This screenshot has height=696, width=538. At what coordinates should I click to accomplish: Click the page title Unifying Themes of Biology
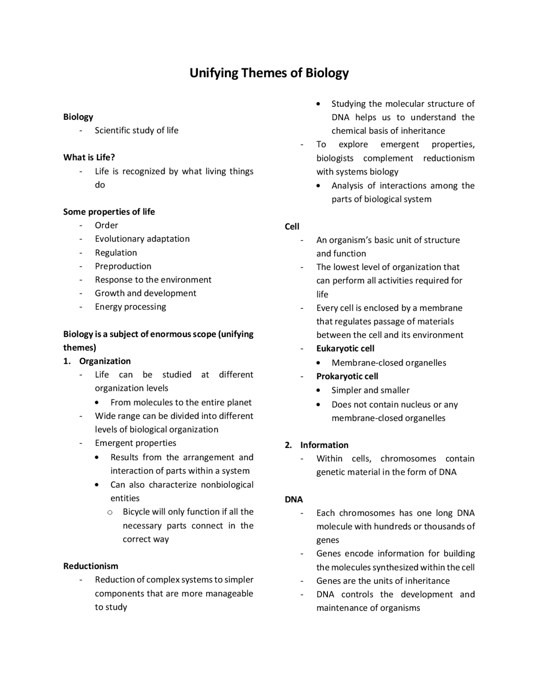click(x=269, y=73)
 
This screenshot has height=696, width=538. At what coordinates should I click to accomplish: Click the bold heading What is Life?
click(x=89, y=158)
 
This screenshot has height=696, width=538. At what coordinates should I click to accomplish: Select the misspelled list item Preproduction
click(x=123, y=266)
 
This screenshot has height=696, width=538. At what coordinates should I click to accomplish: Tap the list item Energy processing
click(x=130, y=307)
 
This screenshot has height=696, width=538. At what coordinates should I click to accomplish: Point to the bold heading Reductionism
click(x=91, y=566)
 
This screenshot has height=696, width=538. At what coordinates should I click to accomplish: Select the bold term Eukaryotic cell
click(x=345, y=348)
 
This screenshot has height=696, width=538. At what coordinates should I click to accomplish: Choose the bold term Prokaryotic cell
click(x=347, y=376)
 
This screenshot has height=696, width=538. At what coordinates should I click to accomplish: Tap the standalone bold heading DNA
click(x=294, y=499)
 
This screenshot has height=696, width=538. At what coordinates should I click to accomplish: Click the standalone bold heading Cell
click(x=292, y=227)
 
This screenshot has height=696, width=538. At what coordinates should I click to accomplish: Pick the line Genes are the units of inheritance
click(x=382, y=581)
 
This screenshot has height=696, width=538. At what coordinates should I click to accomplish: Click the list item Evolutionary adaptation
click(x=142, y=239)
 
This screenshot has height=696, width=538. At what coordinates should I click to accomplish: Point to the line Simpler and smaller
click(x=370, y=390)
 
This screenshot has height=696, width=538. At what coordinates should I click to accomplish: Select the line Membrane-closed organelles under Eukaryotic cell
click(x=389, y=363)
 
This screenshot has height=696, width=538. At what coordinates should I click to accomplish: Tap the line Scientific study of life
click(x=137, y=131)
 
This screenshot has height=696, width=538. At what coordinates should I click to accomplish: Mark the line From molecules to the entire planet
click(x=181, y=403)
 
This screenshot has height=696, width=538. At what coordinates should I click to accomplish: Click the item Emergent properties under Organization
click(x=135, y=443)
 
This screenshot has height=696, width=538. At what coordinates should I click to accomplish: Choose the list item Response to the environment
click(x=153, y=280)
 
